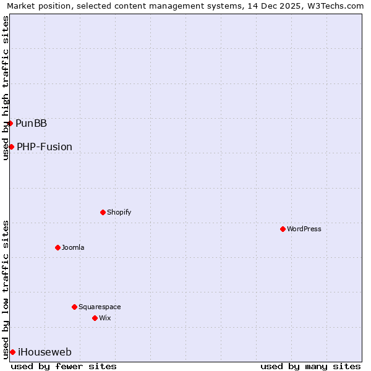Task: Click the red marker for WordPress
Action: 283,229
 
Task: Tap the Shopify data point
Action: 103,212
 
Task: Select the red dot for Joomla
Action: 58,247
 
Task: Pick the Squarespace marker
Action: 74,307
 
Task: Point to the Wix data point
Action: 95,318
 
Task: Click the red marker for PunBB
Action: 10,123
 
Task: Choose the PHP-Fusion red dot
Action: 11,147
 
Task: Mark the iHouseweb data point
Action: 12,352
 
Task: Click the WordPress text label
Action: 304,229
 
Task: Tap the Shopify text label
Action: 119,212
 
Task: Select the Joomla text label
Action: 73,247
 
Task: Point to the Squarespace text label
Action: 100,307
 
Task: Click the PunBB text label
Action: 32,123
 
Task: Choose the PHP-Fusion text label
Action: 45,147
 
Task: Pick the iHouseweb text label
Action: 45,352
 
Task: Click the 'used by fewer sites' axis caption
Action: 64,366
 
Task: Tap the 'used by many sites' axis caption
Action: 310,366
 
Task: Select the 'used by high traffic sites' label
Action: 6,88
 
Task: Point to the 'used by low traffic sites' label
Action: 6,289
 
